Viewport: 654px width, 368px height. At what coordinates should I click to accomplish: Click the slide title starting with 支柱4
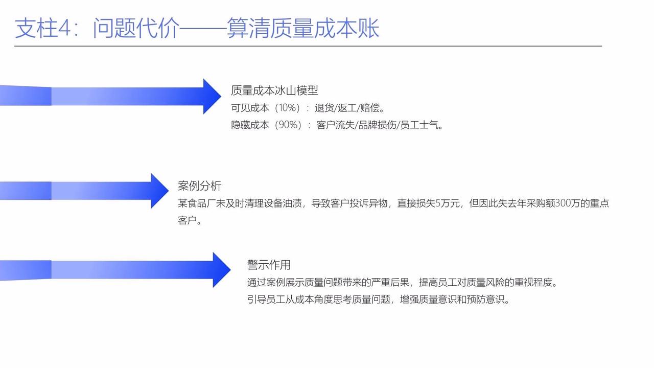[x=197, y=28]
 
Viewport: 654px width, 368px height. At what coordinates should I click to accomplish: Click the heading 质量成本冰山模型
[x=274, y=90]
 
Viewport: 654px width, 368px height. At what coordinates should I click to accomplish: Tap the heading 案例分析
[x=199, y=186]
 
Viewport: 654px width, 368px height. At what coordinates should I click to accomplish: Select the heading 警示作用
[x=269, y=265]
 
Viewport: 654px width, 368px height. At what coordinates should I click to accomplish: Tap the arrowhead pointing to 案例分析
[x=159, y=191]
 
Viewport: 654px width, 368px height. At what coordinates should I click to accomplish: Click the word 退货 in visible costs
[x=324, y=108]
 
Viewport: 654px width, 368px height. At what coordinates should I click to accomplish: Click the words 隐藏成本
[x=250, y=125]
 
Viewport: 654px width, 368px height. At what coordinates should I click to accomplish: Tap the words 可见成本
[x=250, y=108]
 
